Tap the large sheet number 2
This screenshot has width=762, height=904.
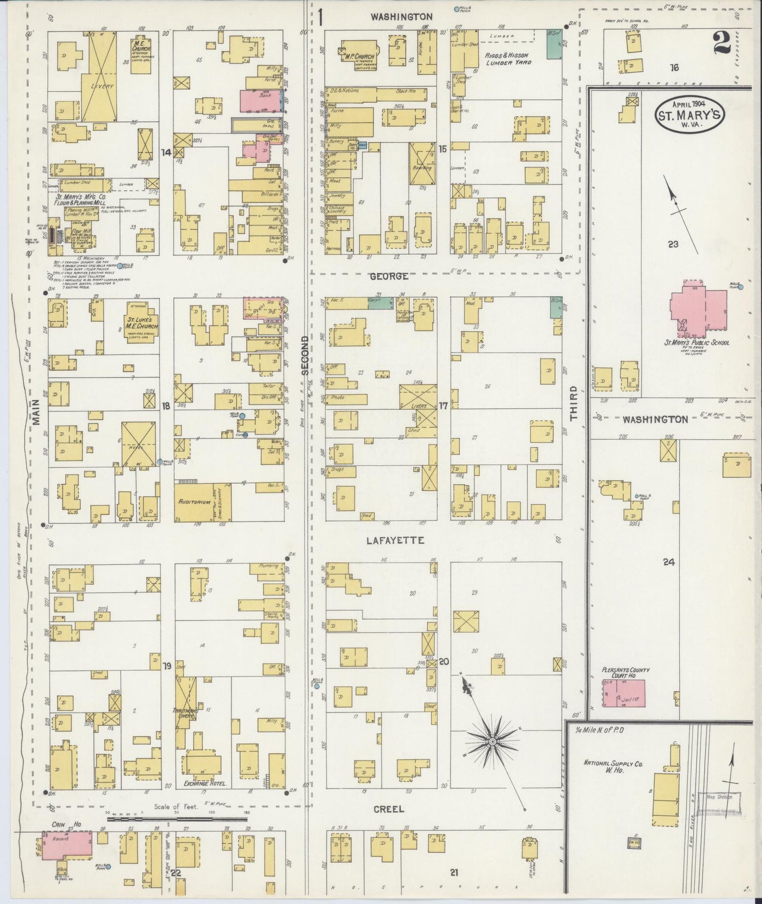(721, 43)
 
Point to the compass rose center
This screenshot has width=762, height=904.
(491, 742)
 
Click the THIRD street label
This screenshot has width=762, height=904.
(574, 405)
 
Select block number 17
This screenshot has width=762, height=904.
(443, 406)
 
